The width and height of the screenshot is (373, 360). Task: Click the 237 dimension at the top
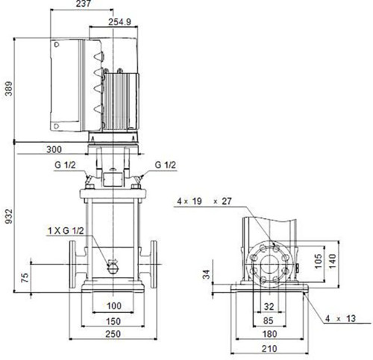click(83, 4)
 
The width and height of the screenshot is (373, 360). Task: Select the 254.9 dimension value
click(119, 22)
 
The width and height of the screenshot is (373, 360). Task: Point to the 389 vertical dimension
click(9, 88)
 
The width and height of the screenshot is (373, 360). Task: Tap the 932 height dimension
click(9, 217)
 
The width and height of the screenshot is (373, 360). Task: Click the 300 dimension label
click(54, 149)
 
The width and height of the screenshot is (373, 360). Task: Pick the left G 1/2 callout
click(65, 165)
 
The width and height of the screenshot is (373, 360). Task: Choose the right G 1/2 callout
click(165, 165)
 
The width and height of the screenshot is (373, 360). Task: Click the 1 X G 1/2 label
click(66, 231)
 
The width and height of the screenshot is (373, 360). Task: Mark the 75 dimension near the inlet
click(25, 278)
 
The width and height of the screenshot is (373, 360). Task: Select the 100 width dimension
click(114, 305)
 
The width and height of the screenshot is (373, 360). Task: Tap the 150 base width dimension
click(113, 321)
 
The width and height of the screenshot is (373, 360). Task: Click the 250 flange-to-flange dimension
click(113, 334)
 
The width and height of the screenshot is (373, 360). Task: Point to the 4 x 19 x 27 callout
click(204, 201)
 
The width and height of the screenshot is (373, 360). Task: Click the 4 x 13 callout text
click(340, 318)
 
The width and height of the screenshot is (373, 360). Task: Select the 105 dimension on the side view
click(318, 261)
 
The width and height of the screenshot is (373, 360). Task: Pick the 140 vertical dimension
click(332, 261)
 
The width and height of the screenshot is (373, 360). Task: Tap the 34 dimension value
click(207, 274)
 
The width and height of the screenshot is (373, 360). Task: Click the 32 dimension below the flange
click(269, 306)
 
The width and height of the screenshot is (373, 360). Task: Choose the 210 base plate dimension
click(269, 349)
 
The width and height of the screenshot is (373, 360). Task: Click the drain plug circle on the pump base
click(113, 269)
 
